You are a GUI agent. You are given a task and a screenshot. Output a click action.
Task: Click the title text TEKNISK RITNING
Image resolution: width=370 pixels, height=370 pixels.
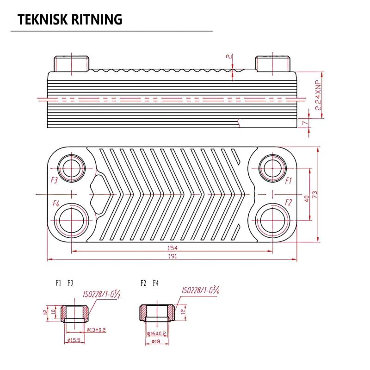tap(69, 19)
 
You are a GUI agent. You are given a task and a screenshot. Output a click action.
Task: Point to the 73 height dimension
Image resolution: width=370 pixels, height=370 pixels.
tap(315, 194)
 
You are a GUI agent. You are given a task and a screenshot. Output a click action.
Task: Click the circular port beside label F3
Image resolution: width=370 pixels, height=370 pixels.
tap(71, 167)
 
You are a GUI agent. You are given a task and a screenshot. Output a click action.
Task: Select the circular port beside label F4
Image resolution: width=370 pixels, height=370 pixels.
tap(71, 219)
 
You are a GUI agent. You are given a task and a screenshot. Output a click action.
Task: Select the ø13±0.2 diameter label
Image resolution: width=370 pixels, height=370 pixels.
tap(96, 330)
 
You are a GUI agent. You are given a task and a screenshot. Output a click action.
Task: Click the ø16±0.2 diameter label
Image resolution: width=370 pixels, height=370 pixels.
tap(156, 333)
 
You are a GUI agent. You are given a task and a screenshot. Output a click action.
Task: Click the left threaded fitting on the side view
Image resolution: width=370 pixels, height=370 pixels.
tap(72, 64)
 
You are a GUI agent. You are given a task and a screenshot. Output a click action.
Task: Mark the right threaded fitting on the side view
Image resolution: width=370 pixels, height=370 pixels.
tap(272, 64)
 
